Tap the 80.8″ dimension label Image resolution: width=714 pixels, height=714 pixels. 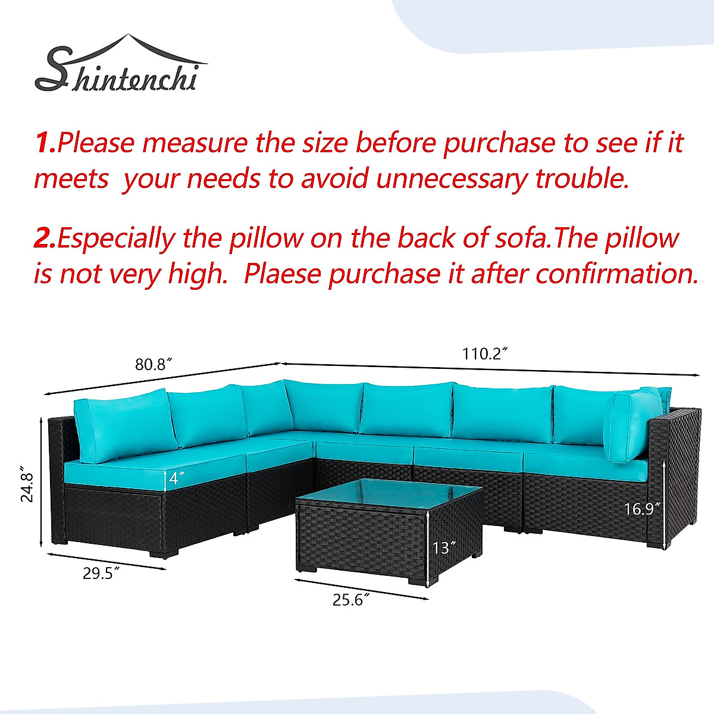[154, 365]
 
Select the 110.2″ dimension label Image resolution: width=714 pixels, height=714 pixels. [484, 354]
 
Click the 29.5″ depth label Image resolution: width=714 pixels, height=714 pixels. [101, 574]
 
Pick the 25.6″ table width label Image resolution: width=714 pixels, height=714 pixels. [351, 600]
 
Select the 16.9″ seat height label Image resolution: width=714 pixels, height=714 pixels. [643, 509]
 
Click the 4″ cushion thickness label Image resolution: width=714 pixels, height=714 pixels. [176, 478]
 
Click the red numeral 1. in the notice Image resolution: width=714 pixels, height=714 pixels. [45, 143]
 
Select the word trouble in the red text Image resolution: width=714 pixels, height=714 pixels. [582, 178]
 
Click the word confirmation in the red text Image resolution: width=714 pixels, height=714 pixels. [617, 274]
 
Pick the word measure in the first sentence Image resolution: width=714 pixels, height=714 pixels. [195, 144]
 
